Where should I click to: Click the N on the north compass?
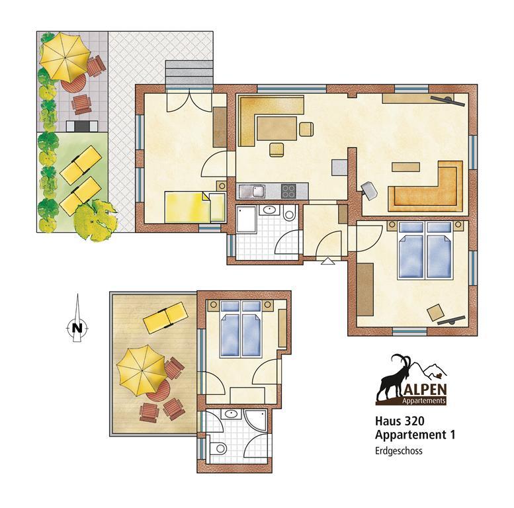(x=77, y=327)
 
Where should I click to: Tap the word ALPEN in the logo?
(x=425, y=390)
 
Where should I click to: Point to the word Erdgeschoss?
(x=399, y=451)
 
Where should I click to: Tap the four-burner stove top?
(x=288, y=190)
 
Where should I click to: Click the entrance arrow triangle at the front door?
(x=327, y=261)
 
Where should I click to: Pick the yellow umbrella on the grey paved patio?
(x=65, y=56)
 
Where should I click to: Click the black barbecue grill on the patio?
(x=82, y=126)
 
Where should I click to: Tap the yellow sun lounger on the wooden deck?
(x=166, y=317)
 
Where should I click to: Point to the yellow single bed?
(x=187, y=207)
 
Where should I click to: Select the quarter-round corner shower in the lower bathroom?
(x=257, y=420)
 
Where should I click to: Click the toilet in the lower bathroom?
(x=218, y=447)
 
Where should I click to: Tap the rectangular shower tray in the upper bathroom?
(x=246, y=219)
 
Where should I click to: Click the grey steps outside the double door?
(x=189, y=74)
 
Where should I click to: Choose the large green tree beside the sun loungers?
(x=95, y=220)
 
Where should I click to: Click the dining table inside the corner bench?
(x=277, y=128)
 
